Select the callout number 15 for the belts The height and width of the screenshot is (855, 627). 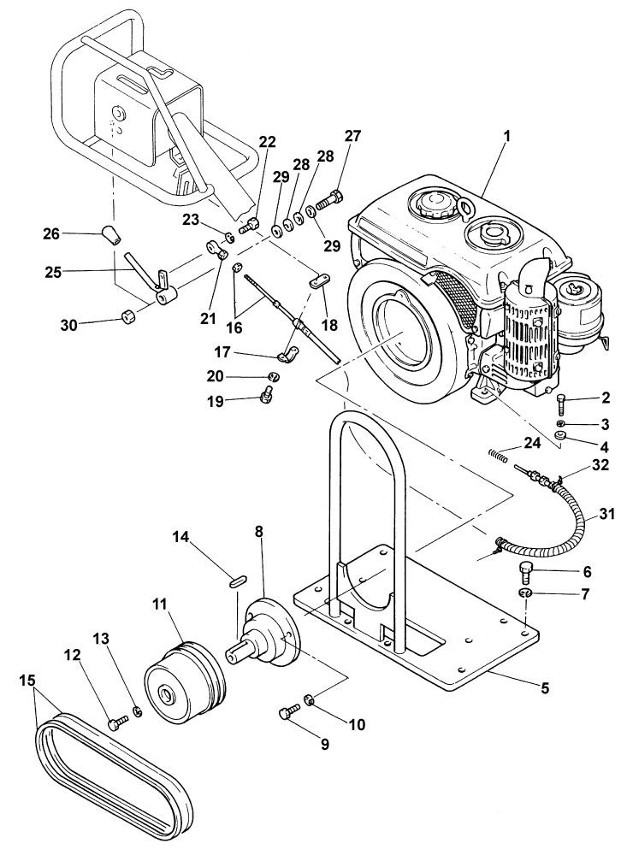pyautogui.click(x=27, y=681)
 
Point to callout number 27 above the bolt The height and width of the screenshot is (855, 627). pyautogui.click(x=353, y=137)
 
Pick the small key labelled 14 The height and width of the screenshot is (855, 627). pyautogui.click(x=237, y=581)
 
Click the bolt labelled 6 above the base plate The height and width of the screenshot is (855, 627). pyautogui.click(x=527, y=570)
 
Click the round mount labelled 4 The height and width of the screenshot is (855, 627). pyautogui.click(x=561, y=438)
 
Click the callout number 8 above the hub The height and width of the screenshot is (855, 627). pyautogui.click(x=259, y=532)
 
